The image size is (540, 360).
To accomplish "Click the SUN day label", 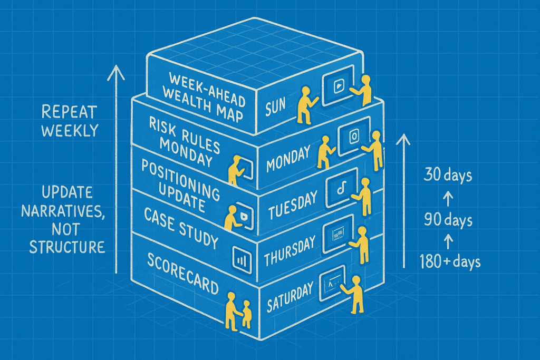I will pyautogui.click(x=276, y=106).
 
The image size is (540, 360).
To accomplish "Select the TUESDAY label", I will pyautogui.click(x=293, y=205).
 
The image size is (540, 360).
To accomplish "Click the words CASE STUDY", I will pyautogui.click(x=180, y=228).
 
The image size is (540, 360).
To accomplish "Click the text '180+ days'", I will pyautogui.click(x=450, y=260).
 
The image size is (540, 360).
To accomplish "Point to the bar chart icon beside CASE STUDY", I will pyautogui.click(x=240, y=258).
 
